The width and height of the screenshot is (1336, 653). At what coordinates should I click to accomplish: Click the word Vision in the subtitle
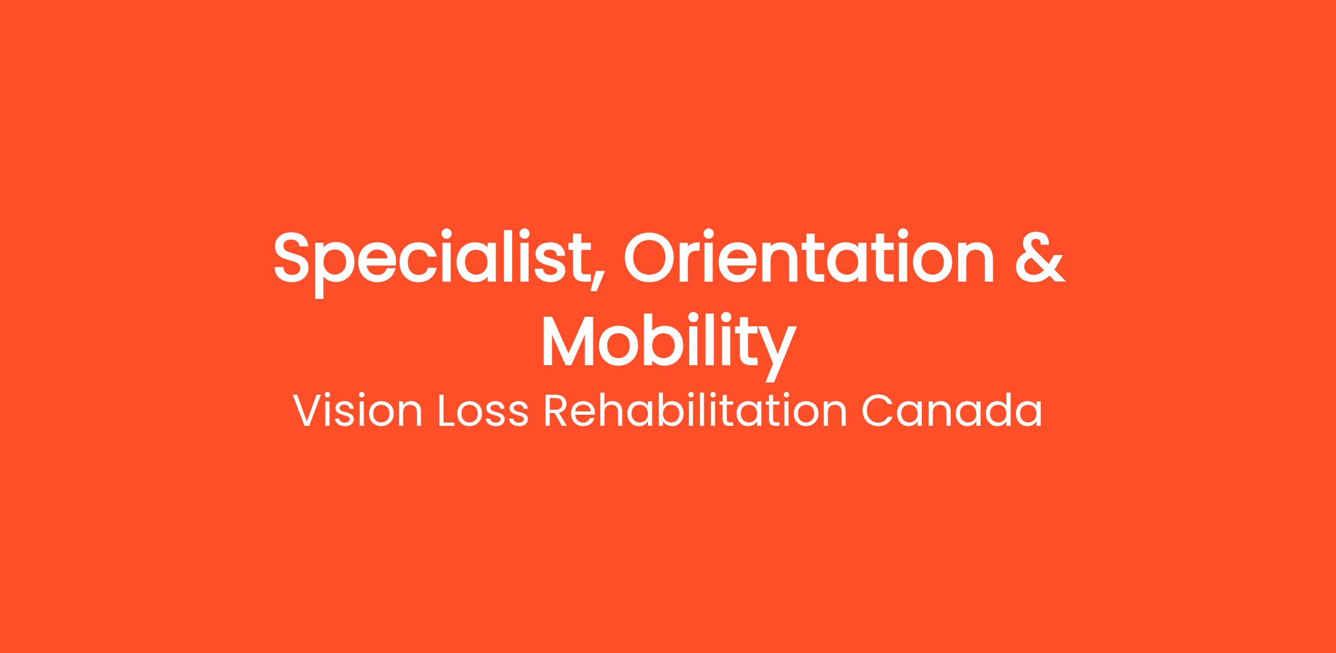tap(357, 411)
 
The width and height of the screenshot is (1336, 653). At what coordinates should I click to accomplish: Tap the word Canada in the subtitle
tap(952, 411)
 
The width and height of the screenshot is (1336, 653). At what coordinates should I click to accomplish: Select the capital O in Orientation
tap(651, 257)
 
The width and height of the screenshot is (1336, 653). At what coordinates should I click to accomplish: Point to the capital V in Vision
tap(309, 411)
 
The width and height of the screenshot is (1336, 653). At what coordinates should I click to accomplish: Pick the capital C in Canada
tap(878, 411)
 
